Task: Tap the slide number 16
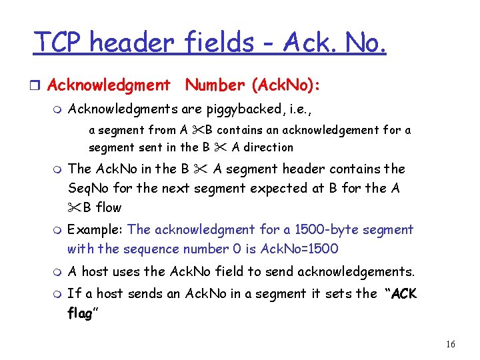(x=450, y=344)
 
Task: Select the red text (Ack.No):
(x=286, y=85)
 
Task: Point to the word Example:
(x=95, y=230)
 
